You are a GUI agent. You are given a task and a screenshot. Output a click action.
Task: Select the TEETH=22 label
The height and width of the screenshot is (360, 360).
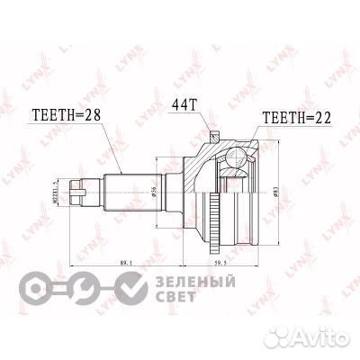298,118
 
